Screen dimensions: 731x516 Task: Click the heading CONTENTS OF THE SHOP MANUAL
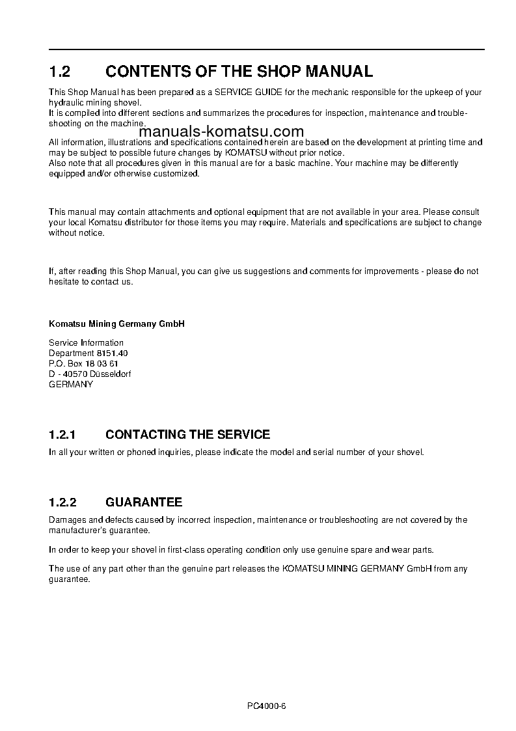click(239, 71)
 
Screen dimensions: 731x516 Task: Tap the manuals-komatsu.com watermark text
click(221, 131)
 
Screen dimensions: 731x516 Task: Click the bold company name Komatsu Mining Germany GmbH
click(117, 324)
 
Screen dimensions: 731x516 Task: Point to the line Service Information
click(86, 342)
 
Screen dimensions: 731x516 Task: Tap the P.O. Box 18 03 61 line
click(83, 363)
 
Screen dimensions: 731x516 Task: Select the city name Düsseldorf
click(113, 374)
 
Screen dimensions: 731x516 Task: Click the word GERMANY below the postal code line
click(71, 384)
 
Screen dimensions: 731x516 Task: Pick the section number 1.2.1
click(63, 434)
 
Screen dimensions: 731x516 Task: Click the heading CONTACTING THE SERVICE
click(187, 434)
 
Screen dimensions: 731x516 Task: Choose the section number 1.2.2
click(63, 503)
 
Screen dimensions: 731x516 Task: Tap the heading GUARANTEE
click(144, 503)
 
